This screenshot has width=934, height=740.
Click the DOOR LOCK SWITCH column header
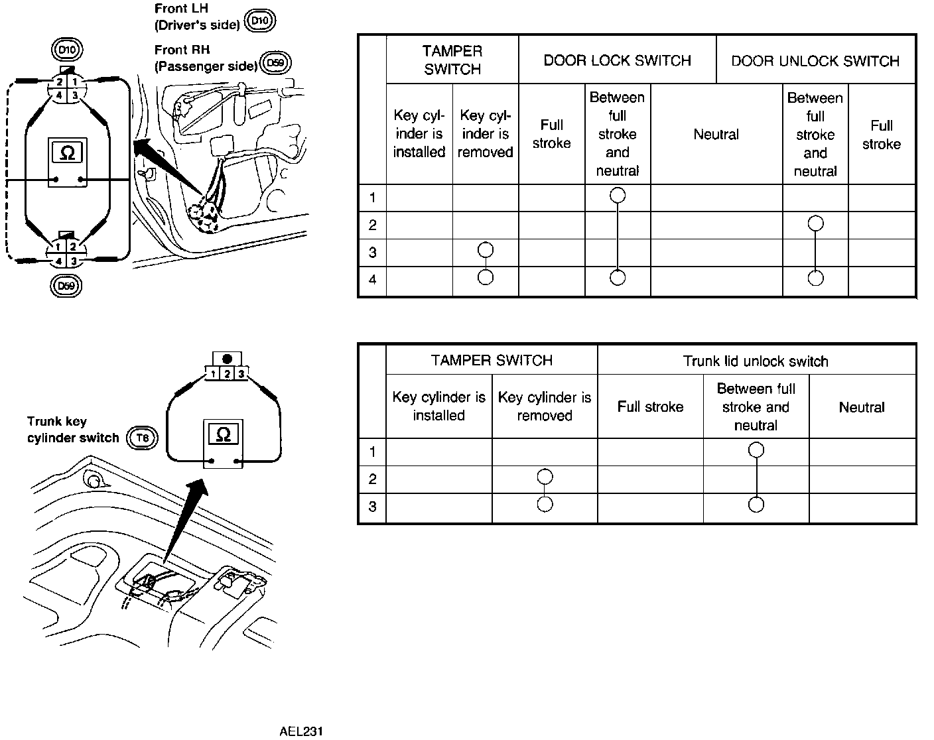(x=617, y=61)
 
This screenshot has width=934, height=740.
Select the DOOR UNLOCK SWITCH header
(x=815, y=61)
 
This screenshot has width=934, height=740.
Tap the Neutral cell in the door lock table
(x=716, y=135)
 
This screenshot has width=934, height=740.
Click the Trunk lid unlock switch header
(x=756, y=361)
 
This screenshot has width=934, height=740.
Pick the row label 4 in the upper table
(x=372, y=280)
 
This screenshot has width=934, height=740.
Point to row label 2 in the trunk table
(x=372, y=479)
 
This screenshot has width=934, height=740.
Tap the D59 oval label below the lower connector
(x=66, y=286)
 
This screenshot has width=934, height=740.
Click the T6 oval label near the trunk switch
(x=143, y=438)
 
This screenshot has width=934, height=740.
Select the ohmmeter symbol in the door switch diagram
(x=68, y=153)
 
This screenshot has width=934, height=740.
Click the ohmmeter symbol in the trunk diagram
(x=224, y=434)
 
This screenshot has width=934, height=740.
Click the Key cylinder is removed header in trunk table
(x=544, y=406)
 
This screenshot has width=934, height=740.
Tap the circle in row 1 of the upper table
(x=618, y=195)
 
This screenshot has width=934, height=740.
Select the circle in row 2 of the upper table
(x=815, y=223)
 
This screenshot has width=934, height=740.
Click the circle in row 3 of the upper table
(x=486, y=250)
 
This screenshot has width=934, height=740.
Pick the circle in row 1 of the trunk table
(x=756, y=451)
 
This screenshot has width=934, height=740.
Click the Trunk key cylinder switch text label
(x=72, y=430)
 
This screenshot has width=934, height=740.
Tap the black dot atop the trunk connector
(x=227, y=359)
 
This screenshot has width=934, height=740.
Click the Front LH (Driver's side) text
(x=197, y=17)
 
